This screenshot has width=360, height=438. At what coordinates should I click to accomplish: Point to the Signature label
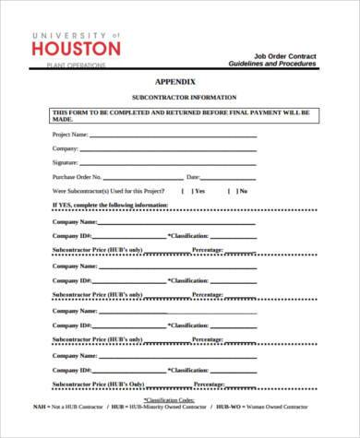pyautogui.click(x=66, y=162)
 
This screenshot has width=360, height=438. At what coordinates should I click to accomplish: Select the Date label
pyautogui.click(x=193, y=176)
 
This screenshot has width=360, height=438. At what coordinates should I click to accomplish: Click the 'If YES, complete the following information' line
pyautogui.click(x=110, y=205)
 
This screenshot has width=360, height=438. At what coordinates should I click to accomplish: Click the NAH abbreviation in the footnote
pyautogui.click(x=41, y=408)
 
